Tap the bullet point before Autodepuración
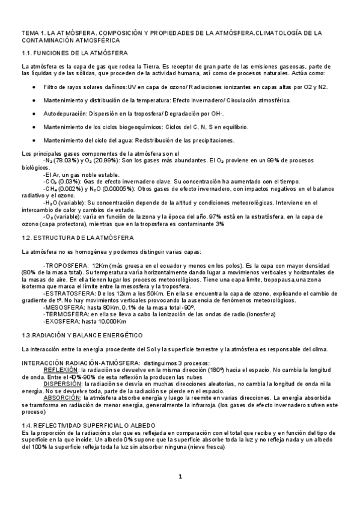pos(32,113)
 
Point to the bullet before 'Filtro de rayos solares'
pos(32,87)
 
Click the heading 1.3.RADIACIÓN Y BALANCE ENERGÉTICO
pos(81,334)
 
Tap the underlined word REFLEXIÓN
pos(61,369)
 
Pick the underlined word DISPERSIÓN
pos(61,384)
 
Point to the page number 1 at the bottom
pos(180,477)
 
